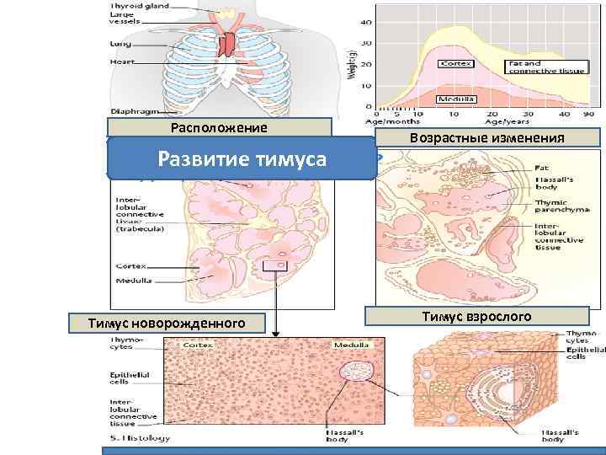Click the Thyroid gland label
pyautogui.click(x=138, y=6)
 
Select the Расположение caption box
pyautogui.click(x=218, y=128)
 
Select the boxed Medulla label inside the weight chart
pyautogui.click(x=456, y=99)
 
